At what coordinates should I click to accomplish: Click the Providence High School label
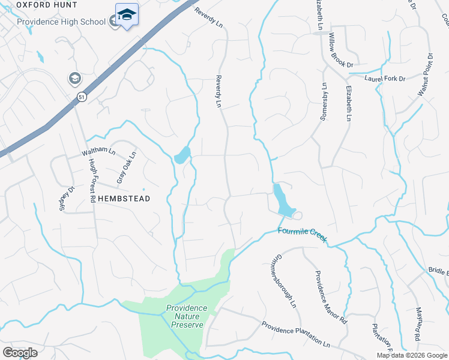tap(61, 22)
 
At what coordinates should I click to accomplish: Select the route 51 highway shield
tap(82, 96)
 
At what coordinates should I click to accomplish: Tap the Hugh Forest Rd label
tap(92, 181)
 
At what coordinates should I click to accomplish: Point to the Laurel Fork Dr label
tap(385, 79)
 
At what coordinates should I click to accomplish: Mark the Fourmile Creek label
tap(302, 233)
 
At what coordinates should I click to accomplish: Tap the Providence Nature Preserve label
tap(186, 316)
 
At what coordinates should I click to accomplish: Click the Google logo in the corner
tap(20, 353)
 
